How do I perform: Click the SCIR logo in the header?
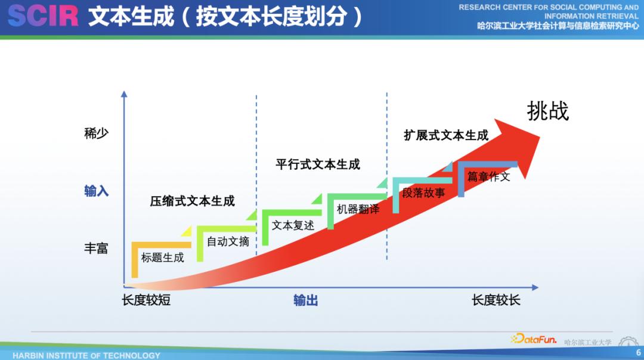pyautogui.click(x=43, y=16)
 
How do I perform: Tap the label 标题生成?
pyautogui.click(x=162, y=257)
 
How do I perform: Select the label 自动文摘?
pyautogui.click(x=228, y=241)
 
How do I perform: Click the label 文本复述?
pyautogui.click(x=293, y=225)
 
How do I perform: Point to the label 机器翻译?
pyautogui.click(x=358, y=209)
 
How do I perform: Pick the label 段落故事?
pyautogui.click(x=423, y=193)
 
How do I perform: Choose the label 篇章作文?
pyautogui.click(x=488, y=176)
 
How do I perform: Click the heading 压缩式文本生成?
pyautogui.click(x=192, y=201)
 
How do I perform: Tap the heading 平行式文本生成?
pyautogui.click(x=318, y=164)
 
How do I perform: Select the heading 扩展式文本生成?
pyautogui.click(x=446, y=135)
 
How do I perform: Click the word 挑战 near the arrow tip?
pyautogui.click(x=547, y=111)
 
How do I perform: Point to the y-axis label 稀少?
pyautogui.click(x=96, y=133)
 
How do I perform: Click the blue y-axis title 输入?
pyautogui.click(x=96, y=191)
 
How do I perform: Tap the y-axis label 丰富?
pyautogui.click(x=96, y=248)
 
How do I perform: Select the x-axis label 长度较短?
pyautogui.click(x=146, y=300)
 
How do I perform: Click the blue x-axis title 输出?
pyautogui.click(x=305, y=300)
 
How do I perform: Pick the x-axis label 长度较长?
pyautogui.click(x=496, y=300)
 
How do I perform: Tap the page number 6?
pyautogui.click(x=638, y=353)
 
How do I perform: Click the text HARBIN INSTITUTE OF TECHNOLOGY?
pyautogui.click(x=86, y=355)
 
